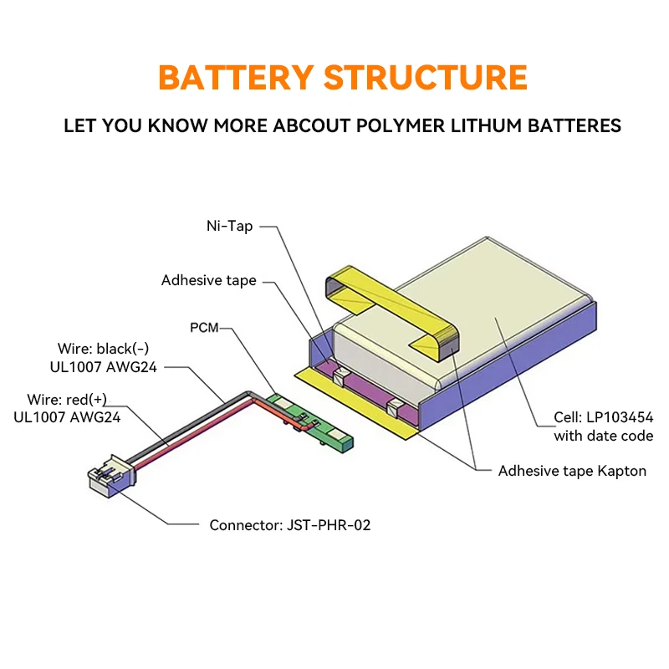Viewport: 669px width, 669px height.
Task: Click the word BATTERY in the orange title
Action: pyautogui.click(x=235, y=77)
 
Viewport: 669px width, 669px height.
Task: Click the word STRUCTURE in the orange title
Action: pyautogui.click(x=425, y=77)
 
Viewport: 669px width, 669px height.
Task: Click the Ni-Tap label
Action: pyautogui.click(x=229, y=226)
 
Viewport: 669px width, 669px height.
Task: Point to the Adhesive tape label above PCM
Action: pyautogui.click(x=208, y=280)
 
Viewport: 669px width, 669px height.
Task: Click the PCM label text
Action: pyautogui.click(x=204, y=328)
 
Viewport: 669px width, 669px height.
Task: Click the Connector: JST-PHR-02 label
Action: pyautogui.click(x=289, y=525)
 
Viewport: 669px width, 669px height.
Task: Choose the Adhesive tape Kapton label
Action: pyautogui.click(x=572, y=471)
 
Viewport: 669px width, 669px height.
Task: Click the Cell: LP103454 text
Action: pyautogui.click(x=603, y=417)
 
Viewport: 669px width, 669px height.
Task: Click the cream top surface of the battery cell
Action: pyautogui.click(x=493, y=318)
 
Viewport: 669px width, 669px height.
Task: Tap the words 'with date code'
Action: pyautogui.click(x=603, y=436)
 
